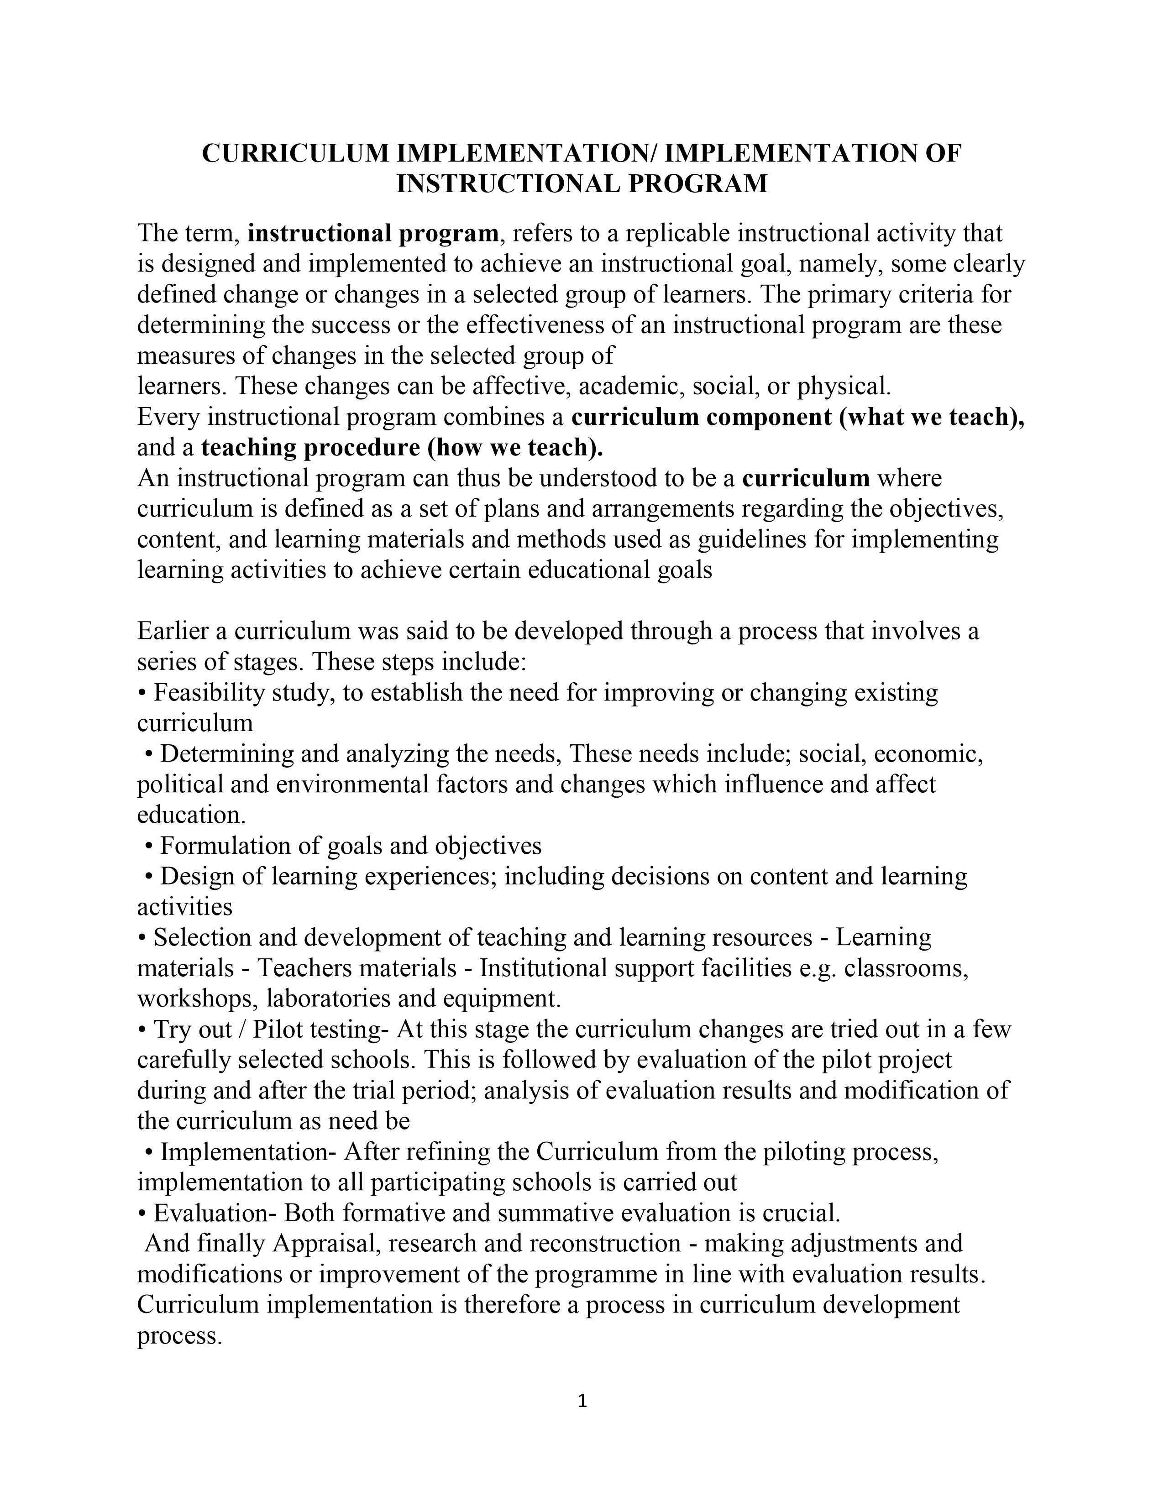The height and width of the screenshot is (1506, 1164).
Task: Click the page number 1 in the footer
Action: coord(581,1401)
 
